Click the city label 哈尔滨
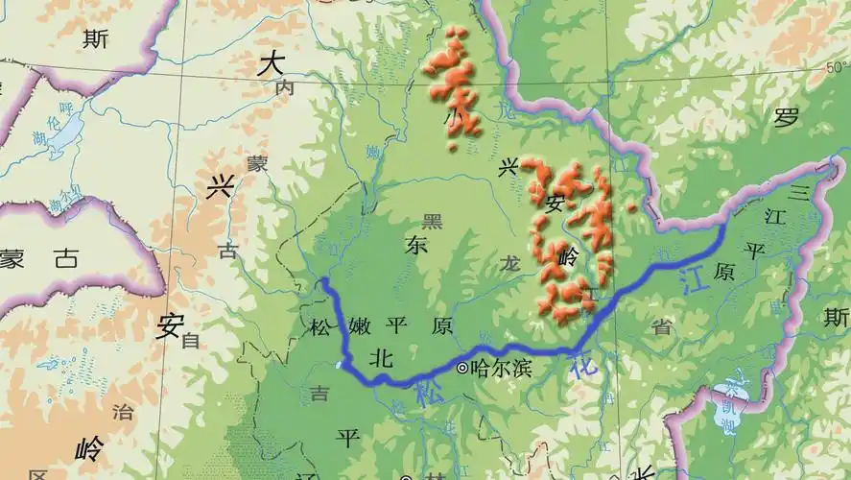[503, 368]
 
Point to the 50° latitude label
[838, 67]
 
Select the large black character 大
[272, 64]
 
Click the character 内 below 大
[284, 88]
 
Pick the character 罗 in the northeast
[787, 118]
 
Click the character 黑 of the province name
[434, 222]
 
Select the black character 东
[416, 245]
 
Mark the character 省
[661, 326]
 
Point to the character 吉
[318, 392]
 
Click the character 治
[123, 413]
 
